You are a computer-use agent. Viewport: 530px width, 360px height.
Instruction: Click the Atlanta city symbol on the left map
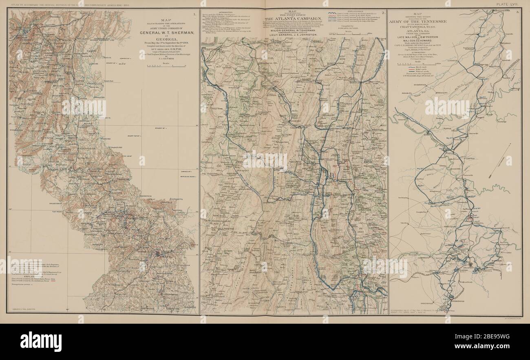coord(157,254)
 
